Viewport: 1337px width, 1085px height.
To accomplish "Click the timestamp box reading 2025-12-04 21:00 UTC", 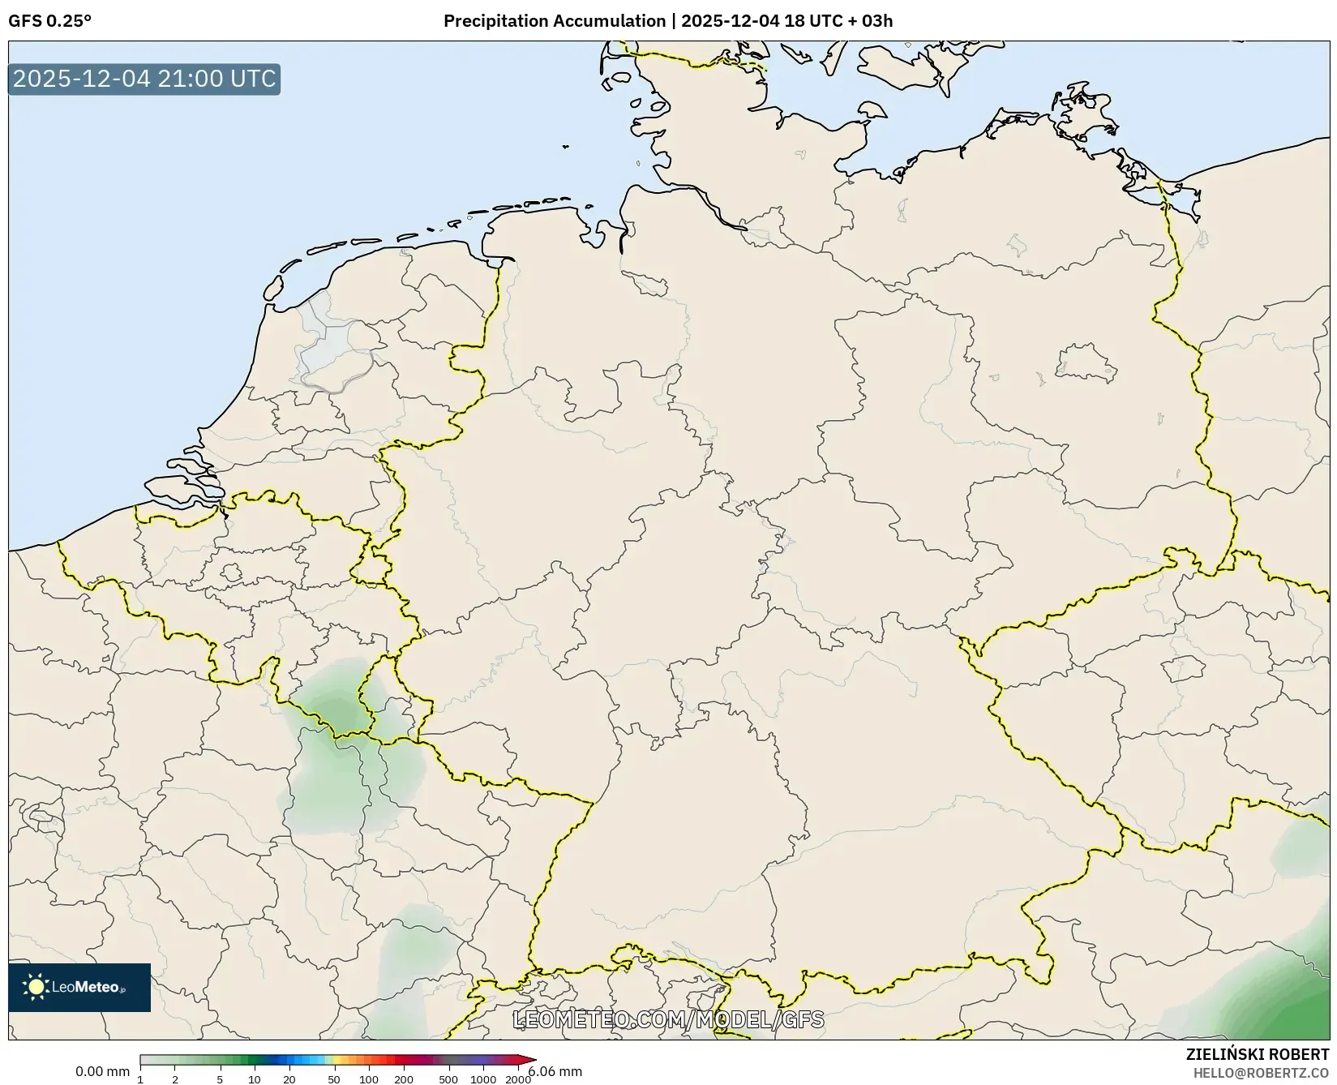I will point(144,79).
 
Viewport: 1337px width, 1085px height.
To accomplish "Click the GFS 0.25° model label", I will point(50,21).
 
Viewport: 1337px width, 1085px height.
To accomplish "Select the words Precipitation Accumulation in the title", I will point(554,21).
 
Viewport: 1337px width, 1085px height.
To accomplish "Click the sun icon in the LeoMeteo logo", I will point(36,987).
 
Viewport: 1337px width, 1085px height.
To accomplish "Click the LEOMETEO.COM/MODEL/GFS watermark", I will point(669,1019).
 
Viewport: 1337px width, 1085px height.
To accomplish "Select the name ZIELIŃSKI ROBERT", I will point(1258,1054).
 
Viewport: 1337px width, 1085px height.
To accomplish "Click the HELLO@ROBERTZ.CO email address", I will point(1261,1073).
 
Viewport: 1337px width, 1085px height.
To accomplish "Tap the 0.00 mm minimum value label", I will point(102,1071).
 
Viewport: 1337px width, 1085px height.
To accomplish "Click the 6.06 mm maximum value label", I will point(555,1071).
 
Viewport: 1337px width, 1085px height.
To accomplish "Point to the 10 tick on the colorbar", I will point(255,1079).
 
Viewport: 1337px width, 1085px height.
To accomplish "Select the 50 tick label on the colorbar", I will point(334,1079).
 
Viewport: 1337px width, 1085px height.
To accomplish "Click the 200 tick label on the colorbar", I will point(404,1079).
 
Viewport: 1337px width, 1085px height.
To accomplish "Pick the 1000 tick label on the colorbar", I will point(483,1079).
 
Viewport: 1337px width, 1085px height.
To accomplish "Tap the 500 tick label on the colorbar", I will point(448,1079).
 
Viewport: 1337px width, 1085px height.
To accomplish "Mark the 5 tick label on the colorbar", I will point(220,1079).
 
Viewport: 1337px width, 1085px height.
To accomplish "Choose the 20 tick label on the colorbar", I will point(289,1079).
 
